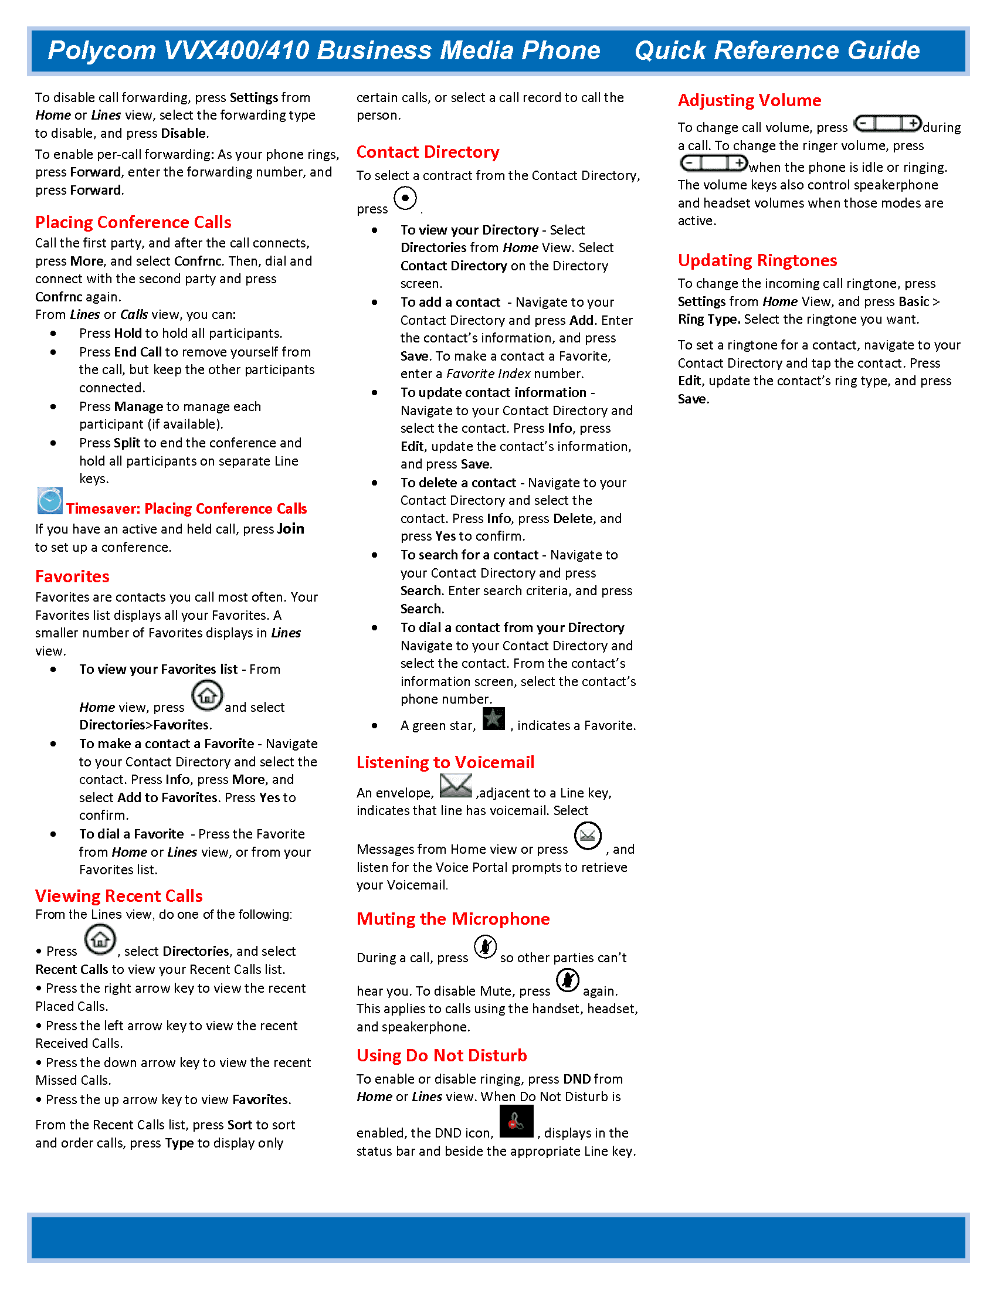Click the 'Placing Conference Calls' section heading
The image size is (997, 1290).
pyautogui.click(x=133, y=222)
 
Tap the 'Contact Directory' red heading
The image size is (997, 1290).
pyautogui.click(x=428, y=152)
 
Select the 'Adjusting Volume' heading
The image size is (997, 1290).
pyautogui.click(x=749, y=100)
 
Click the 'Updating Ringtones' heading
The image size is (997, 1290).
pyautogui.click(x=757, y=260)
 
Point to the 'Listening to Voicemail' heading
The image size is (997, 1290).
pyautogui.click(x=445, y=762)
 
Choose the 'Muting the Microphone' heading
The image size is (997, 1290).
pyautogui.click(x=452, y=919)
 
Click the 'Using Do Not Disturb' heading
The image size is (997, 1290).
pyautogui.click(x=441, y=1055)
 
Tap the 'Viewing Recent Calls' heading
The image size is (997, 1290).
pyautogui.click(x=118, y=896)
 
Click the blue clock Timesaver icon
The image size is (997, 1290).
pyautogui.click(x=50, y=501)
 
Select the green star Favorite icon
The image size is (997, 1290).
pyautogui.click(x=493, y=719)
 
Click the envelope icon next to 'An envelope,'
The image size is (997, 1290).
pyautogui.click(x=455, y=786)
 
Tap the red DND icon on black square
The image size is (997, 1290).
pyautogui.click(x=516, y=1121)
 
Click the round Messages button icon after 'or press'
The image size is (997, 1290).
pyautogui.click(x=587, y=836)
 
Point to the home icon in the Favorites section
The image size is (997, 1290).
pyautogui.click(x=206, y=695)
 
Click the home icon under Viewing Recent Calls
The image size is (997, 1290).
pyautogui.click(x=100, y=939)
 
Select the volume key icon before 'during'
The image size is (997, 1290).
pyautogui.click(x=887, y=124)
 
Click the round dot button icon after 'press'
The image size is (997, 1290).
pyautogui.click(x=405, y=198)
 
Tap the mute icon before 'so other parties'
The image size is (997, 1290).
pyautogui.click(x=485, y=947)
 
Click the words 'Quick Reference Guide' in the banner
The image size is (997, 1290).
pyautogui.click(x=776, y=51)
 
